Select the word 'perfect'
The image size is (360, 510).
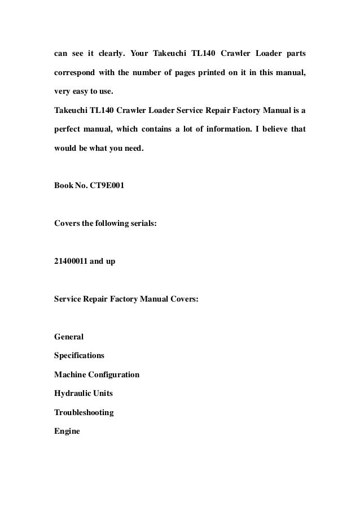pyautogui.click(x=69, y=129)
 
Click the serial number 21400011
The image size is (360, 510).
pyautogui.click(x=74, y=261)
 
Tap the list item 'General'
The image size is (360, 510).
pyautogui.click(x=69, y=337)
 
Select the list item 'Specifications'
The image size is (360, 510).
pyautogui.click(x=79, y=356)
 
